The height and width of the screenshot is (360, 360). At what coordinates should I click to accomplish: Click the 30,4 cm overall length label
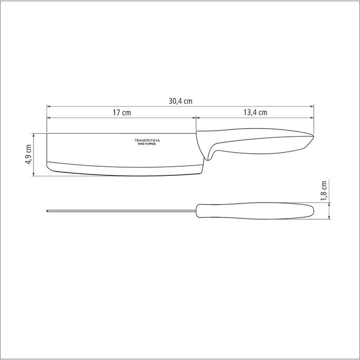coord(179,101)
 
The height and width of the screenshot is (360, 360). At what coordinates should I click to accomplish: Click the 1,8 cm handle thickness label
coord(324,192)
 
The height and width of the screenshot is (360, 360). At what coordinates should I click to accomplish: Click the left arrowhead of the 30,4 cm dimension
coord(49,106)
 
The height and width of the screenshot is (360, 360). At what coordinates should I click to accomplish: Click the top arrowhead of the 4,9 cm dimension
coord(34,135)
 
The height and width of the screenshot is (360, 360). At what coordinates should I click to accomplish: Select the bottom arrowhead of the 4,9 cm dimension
coord(34,174)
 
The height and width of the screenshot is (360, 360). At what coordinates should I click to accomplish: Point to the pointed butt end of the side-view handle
coord(312,137)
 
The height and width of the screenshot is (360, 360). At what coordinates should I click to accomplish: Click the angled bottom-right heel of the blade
coord(201,170)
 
